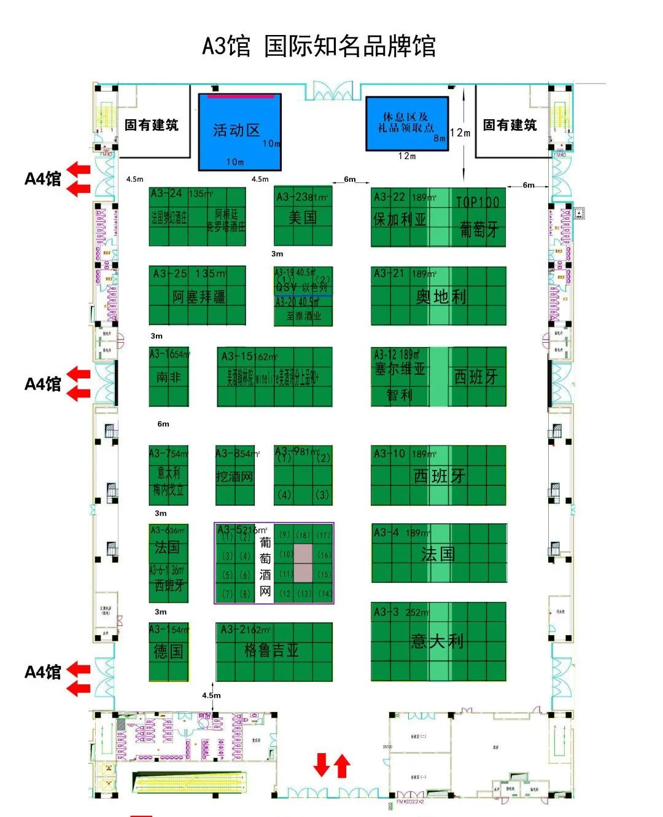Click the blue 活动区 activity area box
click(x=239, y=131)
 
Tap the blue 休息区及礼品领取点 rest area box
click(x=406, y=123)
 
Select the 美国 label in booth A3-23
click(x=303, y=217)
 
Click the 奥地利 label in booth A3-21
click(x=441, y=297)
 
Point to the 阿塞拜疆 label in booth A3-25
click(x=198, y=297)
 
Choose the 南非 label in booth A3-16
click(x=168, y=377)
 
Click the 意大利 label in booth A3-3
click(x=437, y=641)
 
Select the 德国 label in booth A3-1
click(x=168, y=651)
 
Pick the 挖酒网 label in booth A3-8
click(x=234, y=477)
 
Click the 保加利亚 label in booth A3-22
click(x=399, y=219)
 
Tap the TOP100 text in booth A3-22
click(x=477, y=203)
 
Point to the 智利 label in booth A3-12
click(x=399, y=395)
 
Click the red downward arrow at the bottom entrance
click(x=322, y=765)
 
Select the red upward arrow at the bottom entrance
click(x=342, y=766)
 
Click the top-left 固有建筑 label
click(x=151, y=125)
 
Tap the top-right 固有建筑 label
click(x=510, y=125)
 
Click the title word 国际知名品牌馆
click(x=350, y=47)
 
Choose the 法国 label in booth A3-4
click(x=438, y=554)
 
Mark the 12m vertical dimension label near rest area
click(x=460, y=133)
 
